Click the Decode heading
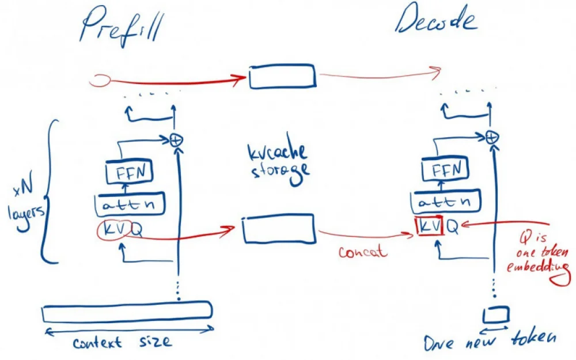[436, 22]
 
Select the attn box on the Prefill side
[130, 204]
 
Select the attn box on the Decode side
[446, 203]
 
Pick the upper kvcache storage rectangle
[282, 77]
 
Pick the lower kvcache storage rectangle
[279, 229]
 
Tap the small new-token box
[496, 314]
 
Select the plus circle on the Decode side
[491, 137]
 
